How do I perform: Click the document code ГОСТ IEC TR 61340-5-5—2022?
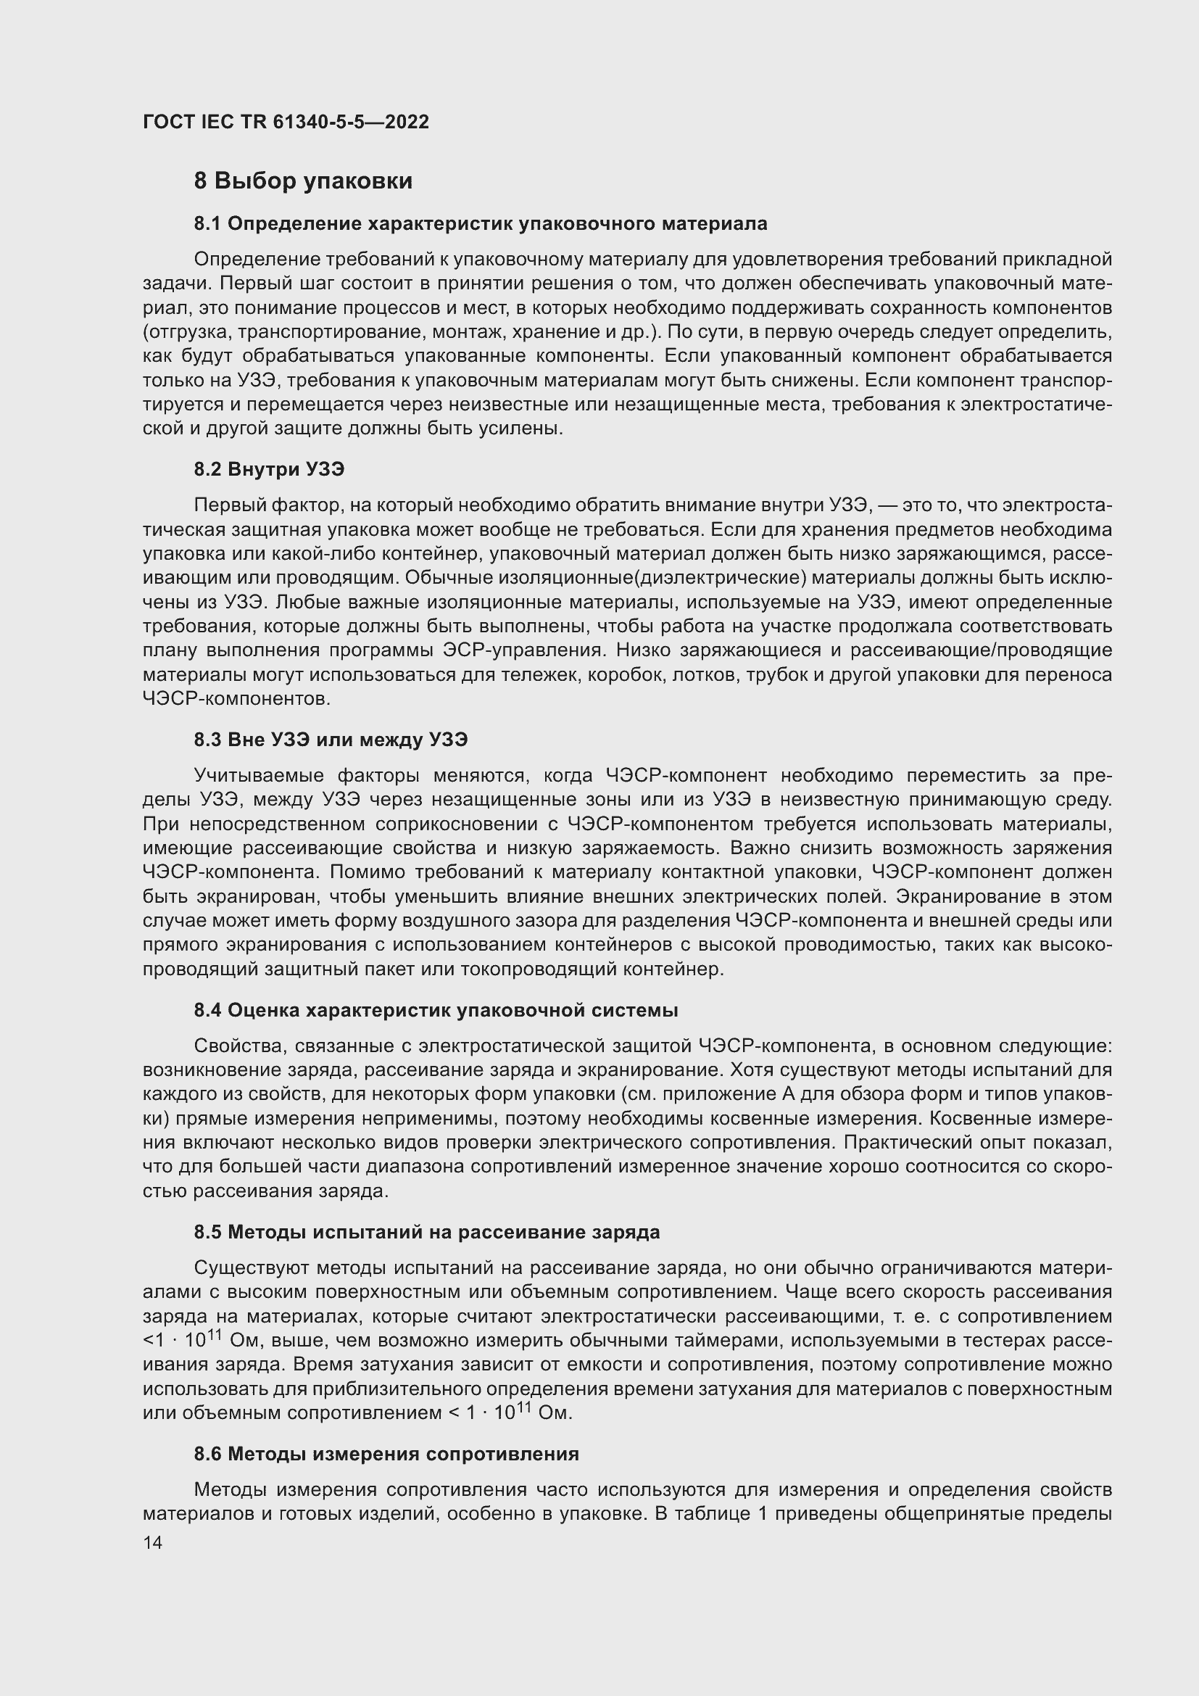pyautogui.click(x=286, y=122)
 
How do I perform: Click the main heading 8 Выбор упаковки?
pyautogui.click(x=303, y=181)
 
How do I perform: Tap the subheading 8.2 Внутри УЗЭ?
pyautogui.click(x=269, y=469)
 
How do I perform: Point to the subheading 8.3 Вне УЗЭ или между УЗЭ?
pyautogui.click(x=331, y=740)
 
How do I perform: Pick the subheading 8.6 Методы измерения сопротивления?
pyautogui.click(x=386, y=1455)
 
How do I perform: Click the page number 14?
pyautogui.click(x=152, y=1543)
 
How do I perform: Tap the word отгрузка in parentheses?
pyautogui.click(x=188, y=331)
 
